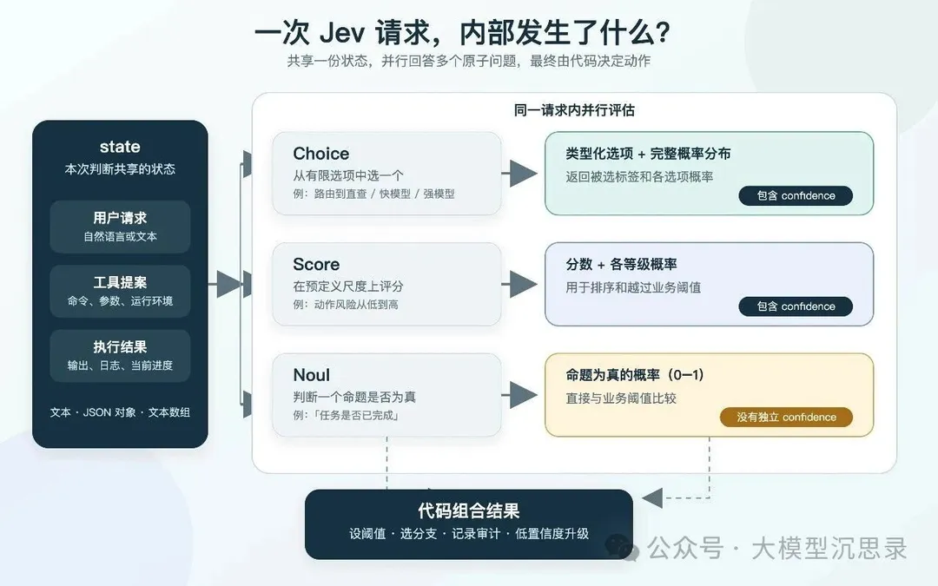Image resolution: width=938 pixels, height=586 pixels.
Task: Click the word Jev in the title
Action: [342, 33]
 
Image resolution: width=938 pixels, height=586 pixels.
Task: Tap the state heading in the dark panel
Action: [120, 147]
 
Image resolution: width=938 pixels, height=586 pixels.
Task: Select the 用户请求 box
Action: [120, 227]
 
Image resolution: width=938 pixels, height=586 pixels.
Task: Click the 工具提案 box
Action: [120, 291]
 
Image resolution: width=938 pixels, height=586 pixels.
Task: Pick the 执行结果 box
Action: [120, 356]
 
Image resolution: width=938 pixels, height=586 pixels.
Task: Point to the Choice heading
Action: [321, 154]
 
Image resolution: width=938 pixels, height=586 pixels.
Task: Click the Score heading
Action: [316, 264]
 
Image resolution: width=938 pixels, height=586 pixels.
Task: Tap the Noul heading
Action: [312, 375]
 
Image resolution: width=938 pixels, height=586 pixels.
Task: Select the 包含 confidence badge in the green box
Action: [796, 195]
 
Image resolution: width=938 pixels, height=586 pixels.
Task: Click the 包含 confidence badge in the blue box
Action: [796, 306]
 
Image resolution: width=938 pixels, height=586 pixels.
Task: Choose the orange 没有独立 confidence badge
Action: [786, 417]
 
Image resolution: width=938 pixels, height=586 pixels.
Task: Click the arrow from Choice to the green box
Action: [519, 174]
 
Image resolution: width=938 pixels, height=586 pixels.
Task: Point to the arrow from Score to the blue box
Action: [519, 284]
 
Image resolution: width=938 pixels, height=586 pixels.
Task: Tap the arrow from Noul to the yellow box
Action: [519, 395]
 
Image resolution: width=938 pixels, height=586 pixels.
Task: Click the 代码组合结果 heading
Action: [469, 510]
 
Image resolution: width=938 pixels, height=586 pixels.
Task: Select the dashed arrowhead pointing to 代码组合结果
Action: [652, 497]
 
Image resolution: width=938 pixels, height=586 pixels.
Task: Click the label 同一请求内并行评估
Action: [574, 110]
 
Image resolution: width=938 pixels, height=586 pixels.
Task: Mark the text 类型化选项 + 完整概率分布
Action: [649, 154]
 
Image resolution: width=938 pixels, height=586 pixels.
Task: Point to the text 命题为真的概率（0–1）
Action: [635, 375]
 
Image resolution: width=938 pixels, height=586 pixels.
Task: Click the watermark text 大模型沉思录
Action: [829, 548]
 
